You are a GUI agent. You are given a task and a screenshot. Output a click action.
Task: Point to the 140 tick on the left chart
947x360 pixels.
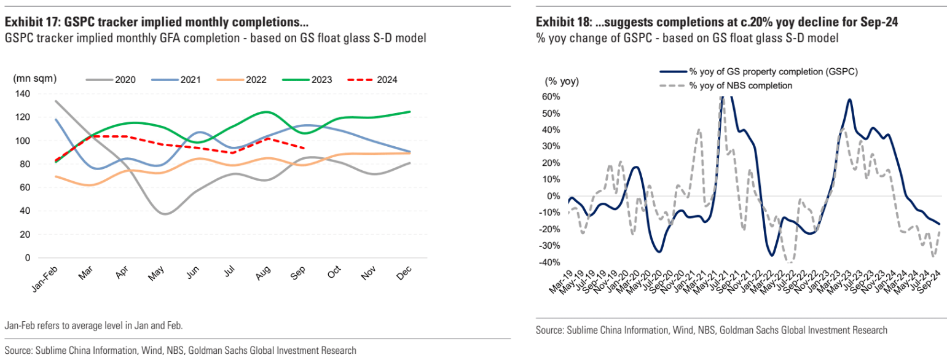(x=22, y=93)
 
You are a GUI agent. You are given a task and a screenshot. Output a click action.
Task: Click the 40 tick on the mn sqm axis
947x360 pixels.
(x=25, y=211)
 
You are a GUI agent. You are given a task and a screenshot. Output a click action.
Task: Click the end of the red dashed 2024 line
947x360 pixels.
(x=305, y=147)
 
